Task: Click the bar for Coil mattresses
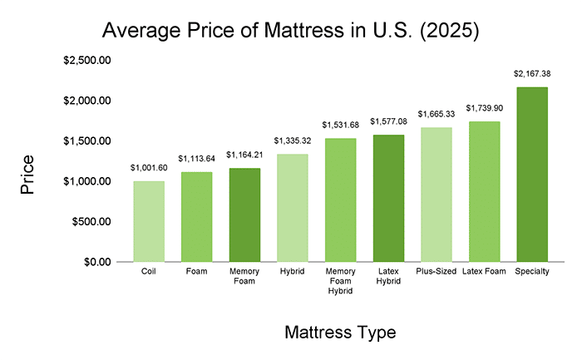click(149, 221)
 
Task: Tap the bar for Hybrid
click(293, 208)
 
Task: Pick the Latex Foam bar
click(484, 191)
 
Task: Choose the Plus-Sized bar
click(436, 195)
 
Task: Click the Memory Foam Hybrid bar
click(340, 200)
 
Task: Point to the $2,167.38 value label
click(532, 74)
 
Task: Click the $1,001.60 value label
click(149, 167)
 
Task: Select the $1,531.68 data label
click(340, 125)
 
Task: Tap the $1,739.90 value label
click(484, 108)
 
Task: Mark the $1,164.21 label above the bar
click(244, 155)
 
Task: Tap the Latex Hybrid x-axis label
click(388, 278)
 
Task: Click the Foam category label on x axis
click(196, 273)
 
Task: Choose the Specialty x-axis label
click(532, 273)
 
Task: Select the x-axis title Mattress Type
click(340, 333)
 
